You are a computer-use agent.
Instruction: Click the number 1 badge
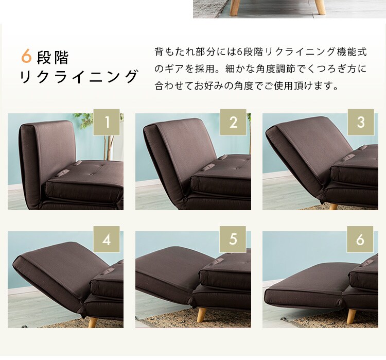click(x=107, y=122)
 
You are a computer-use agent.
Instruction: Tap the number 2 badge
click(x=233, y=122)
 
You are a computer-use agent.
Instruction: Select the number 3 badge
click(x=361, y=122)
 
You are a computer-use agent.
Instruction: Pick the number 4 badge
click(x=107, y=239)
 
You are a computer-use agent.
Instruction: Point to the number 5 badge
click(x=233, y=239)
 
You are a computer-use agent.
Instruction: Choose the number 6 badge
click(x=360, y=239)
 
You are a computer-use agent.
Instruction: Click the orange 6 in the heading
click(x=26, y=56)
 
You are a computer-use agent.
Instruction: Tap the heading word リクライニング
click(x=78, y=76)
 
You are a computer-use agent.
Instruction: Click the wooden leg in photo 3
click(x=333, y=207)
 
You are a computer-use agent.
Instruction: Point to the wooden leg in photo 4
click(x=93, y=322)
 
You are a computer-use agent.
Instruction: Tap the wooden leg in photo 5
click(x=202, y=316)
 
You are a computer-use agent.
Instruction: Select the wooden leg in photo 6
click(x=352, y=316)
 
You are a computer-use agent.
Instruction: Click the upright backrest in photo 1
click(x=47, y=163)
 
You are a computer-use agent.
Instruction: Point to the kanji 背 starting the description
click(x=159, y=52)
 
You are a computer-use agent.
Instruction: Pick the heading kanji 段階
click(x=52, y=57)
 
